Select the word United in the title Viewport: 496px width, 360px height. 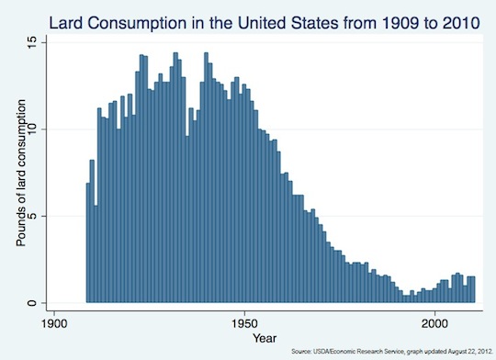click(x=262, y=23)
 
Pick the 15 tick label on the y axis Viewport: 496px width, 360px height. click(x=32, y=43)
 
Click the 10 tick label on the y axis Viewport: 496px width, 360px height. click(x=32, y=129)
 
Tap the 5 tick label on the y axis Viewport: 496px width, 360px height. click(x=32, y=217)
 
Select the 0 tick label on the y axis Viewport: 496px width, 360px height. click(x=32, y=303)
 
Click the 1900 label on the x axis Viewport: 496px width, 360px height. click(x=54, y=324)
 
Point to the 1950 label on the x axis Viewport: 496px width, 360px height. click(x=244, y=324)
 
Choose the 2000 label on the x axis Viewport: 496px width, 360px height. click(x=435, y=324)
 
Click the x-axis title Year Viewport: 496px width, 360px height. click(x=265, y=338)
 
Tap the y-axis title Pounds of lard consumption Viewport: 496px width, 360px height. click(x=21, y=173)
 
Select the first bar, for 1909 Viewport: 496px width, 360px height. click(x=88, y=242)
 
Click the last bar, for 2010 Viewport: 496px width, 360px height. click(x=473, y=289)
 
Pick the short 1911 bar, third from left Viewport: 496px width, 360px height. click(x=96, y=254)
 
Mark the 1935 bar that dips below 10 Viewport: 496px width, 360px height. click(x=187, y=219)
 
